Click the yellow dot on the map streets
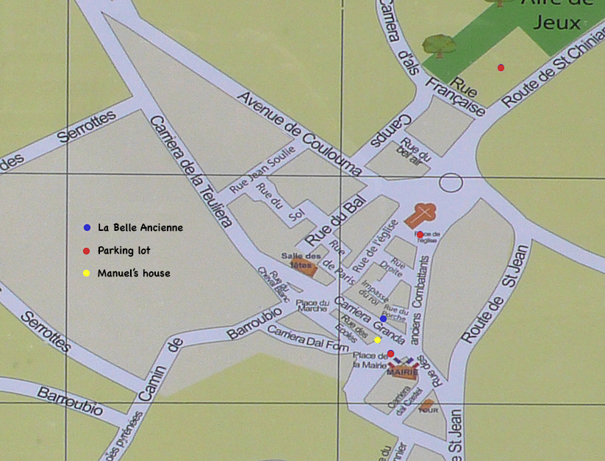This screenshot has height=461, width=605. tap(377, 340)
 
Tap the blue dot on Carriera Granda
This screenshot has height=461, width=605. tap(383, 318)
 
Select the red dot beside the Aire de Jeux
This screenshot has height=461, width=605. tap(501, 68)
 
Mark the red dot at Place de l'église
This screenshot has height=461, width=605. tap(420, 235)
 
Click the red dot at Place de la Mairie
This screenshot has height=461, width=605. tap(390, 354)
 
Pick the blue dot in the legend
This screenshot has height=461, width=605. tap(87, 228)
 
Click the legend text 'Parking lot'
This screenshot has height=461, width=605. tap(123, 251)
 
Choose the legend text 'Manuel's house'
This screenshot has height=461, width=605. tap(134, 274)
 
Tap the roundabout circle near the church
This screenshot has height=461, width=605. tap(451, 182)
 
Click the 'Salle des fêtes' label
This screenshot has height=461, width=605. tap(298, 260)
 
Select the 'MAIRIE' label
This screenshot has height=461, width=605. tap(402, 372)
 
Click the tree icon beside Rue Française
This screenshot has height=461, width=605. tap(439, 46)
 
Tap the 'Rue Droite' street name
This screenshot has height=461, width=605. tap(398, 266)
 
